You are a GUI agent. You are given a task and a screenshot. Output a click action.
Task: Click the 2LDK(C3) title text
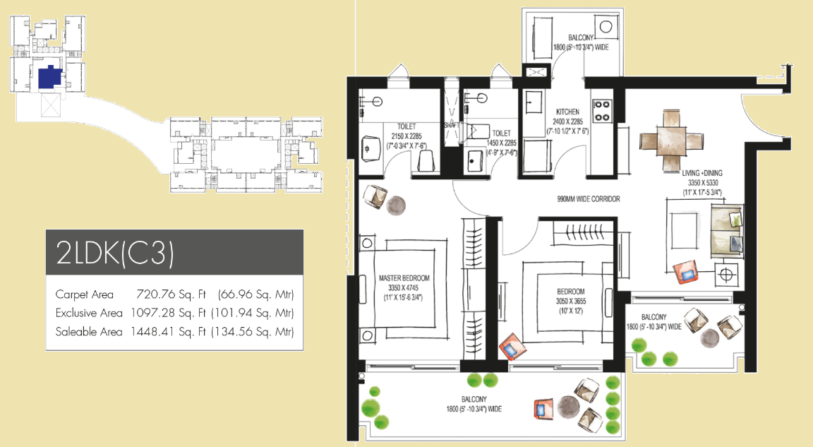(114, 253)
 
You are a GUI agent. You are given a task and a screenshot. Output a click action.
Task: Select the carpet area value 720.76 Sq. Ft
(171, 294)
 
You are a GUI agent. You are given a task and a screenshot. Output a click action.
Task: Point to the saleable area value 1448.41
(152, 332)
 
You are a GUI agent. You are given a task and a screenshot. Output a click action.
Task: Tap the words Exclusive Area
(89, 314)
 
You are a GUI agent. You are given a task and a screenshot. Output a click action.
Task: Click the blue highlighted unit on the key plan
(50, 78)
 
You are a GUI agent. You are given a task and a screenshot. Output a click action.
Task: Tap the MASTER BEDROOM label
(404, 278)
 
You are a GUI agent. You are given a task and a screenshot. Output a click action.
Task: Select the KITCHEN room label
(567, 112)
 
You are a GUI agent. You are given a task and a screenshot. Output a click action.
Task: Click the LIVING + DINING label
(702, 173)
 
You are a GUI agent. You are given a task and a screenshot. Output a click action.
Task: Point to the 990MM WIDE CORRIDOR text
(589, 198)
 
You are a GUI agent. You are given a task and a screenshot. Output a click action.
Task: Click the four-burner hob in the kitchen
(601, 110)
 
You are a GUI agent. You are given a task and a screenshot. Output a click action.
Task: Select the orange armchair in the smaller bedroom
(512, 347)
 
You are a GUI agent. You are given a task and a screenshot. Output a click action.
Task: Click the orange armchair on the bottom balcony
(542, 409)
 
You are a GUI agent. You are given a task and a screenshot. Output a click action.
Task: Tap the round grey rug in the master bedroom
(395, 205)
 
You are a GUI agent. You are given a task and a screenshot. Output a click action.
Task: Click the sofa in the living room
(726, 231)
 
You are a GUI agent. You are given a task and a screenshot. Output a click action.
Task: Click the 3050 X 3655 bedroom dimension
(571, 302)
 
